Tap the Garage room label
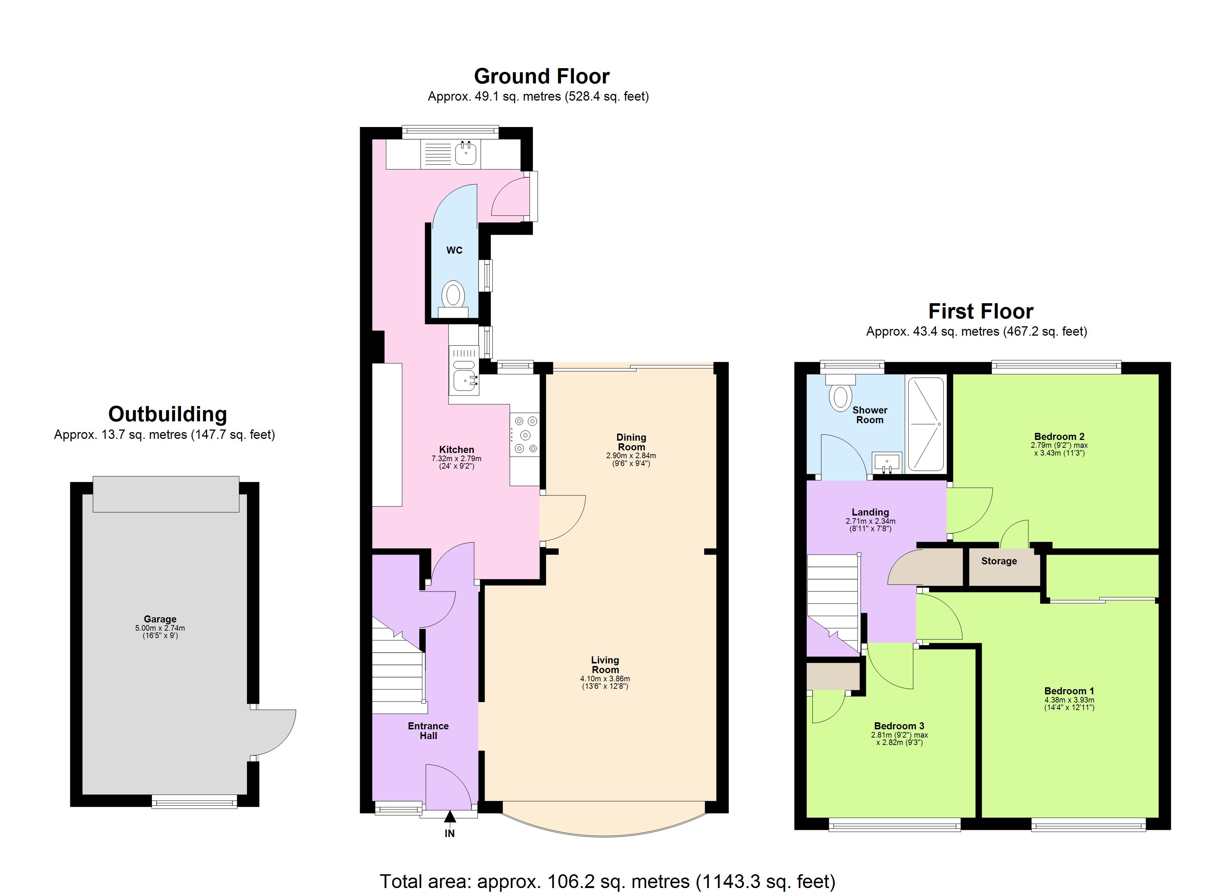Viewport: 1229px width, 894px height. [160, 619]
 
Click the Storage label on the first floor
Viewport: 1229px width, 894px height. [999, 561]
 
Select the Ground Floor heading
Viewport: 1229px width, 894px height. [542, 76]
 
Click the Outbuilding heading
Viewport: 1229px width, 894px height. [168, 414]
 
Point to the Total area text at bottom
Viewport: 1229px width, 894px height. [607, 881]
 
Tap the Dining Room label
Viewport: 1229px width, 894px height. [631, 442]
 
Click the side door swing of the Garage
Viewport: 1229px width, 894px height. [274, 732]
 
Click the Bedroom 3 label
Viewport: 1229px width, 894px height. [899, 726]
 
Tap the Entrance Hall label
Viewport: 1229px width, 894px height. [428, 730]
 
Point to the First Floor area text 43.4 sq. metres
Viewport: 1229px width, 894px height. [976, 331]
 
